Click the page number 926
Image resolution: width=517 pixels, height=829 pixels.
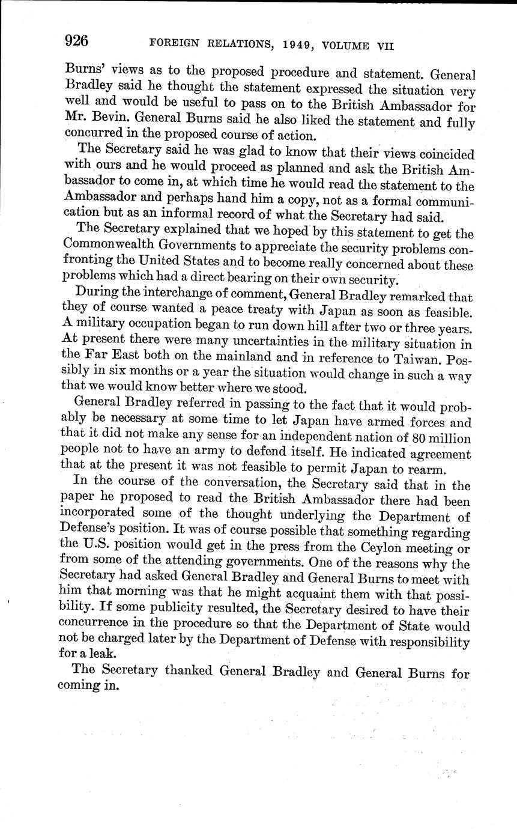(x=76, y=40)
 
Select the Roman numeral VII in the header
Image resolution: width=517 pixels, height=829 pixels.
(x=381, y=46)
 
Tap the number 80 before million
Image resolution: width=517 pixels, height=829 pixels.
(x=411, y=437)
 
